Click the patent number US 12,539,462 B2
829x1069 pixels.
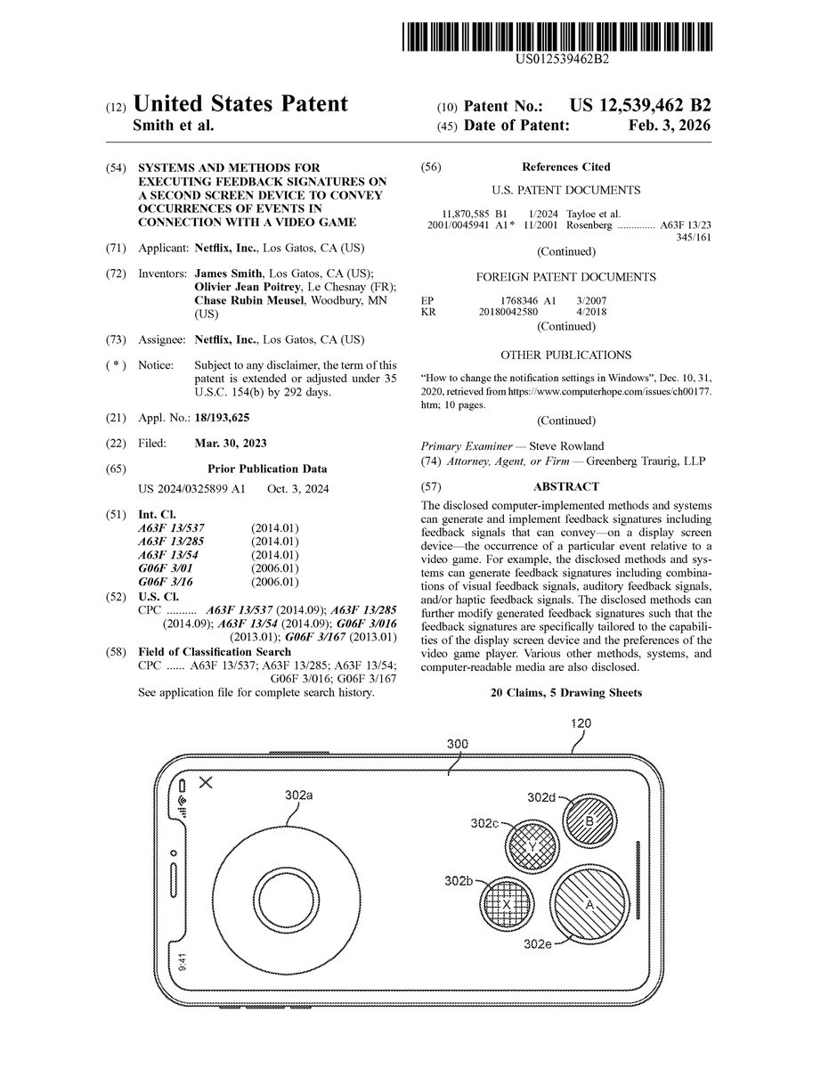pos(629,105)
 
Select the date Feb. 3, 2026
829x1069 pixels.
pos(670,126)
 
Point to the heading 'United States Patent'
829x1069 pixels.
pos(240,104)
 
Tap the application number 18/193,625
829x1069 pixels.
pos(223,417)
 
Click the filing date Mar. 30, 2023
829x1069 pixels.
pos(230,443)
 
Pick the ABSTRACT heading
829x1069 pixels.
pos(565,486)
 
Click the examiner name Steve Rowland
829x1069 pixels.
pos(566,445)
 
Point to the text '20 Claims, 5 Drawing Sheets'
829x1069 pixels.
pos(565,692)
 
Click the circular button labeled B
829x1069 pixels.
pos(589,820)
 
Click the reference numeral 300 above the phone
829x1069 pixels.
pos(458,744)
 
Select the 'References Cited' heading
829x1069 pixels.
pos(565,167)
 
